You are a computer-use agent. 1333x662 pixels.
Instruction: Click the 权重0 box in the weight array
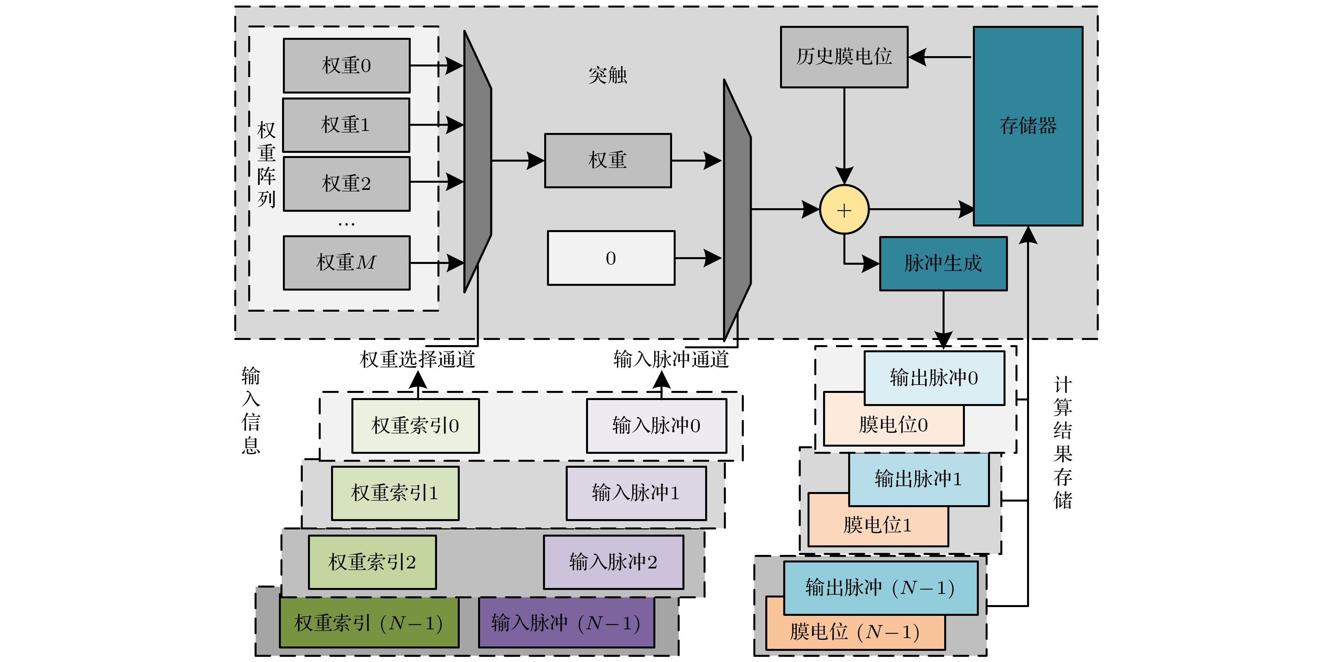point(346,66)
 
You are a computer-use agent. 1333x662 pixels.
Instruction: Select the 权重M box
point(346,263)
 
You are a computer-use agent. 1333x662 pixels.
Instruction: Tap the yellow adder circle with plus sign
point(844,210)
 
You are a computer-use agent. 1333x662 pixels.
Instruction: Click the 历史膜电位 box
point(844,57)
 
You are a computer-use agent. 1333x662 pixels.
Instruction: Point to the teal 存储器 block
point(1028,126)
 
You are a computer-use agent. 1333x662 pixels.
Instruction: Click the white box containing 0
point(611,258)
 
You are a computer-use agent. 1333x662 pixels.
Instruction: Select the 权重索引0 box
point(416,426)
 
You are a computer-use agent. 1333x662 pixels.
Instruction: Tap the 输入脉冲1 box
point(636,493)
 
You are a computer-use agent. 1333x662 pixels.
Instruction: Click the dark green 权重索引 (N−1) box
point(369,623)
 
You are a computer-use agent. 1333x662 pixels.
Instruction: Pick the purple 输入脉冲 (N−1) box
point(566,623)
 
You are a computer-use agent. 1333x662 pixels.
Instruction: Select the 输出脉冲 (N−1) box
point(880,588)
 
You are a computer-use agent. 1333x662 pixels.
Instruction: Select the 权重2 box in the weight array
point(346,184)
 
